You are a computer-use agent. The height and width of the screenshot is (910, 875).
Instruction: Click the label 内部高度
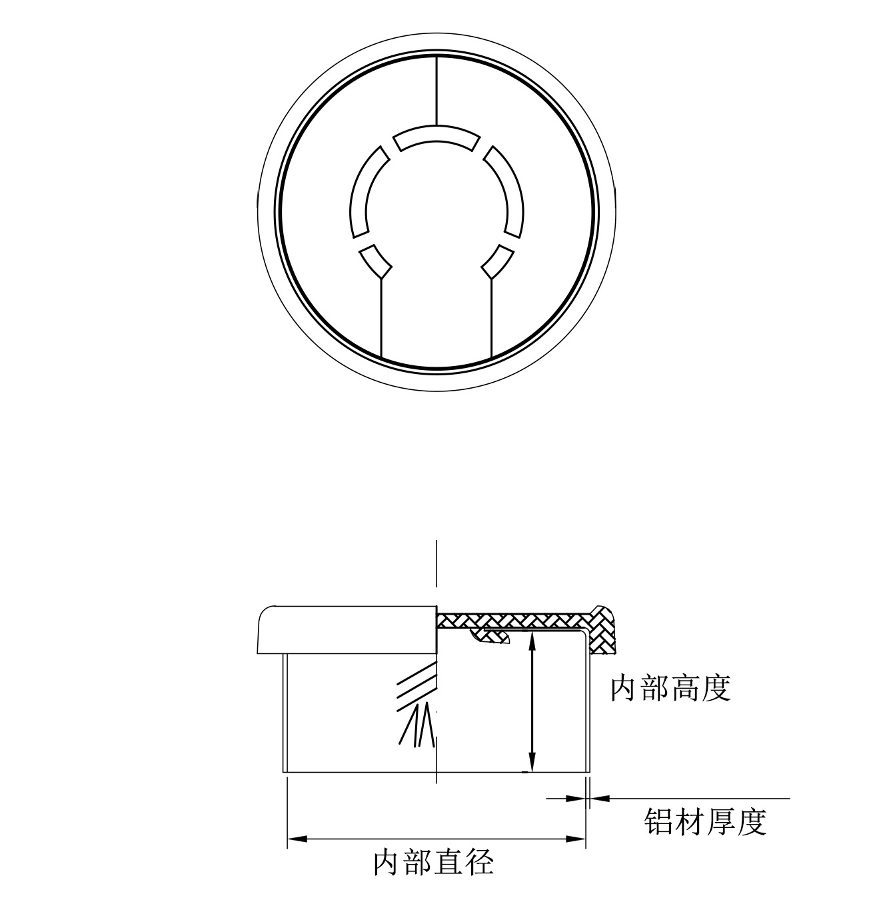tap(670, 688)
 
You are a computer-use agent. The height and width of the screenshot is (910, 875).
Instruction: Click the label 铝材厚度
tap(705, 822)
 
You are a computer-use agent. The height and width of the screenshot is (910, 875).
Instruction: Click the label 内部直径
tap(433, 862)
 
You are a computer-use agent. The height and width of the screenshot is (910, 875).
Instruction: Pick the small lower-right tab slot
tap(497, 261)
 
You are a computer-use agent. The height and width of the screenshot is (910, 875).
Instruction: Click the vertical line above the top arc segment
tap(437, 91)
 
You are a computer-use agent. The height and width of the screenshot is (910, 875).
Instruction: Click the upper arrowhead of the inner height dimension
tap(531, 640)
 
